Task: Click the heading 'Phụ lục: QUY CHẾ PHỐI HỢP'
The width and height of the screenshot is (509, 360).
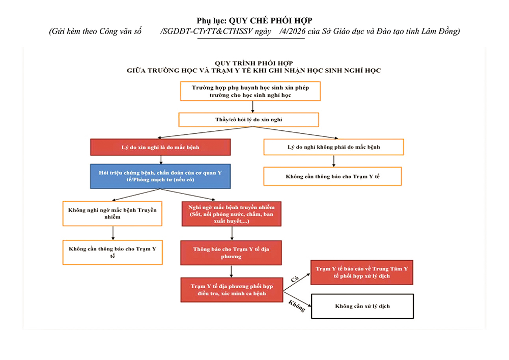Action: [x=254, y=20]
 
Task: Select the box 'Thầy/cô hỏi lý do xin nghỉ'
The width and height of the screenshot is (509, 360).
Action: [x=248, y=120]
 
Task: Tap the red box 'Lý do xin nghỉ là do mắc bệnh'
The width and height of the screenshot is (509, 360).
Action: [x=160, y=147]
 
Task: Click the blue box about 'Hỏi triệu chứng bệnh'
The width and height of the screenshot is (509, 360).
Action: [x=160, y=176]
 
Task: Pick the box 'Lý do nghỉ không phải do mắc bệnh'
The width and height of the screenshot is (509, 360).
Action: [x=333, y=147]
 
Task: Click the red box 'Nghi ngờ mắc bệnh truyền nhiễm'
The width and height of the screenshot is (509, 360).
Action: [x=232, y=214]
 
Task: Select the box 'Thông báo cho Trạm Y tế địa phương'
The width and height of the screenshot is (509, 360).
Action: [x=231, y=253]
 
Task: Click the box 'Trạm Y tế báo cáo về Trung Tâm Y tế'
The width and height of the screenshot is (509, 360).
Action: [x=361, y=272]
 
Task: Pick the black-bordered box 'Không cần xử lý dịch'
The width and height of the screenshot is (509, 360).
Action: [x=362, y=306]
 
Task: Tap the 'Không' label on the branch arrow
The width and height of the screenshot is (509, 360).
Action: [x=296, y=306]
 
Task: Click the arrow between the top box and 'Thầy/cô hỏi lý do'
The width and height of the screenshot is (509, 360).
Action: [x=253, y=107]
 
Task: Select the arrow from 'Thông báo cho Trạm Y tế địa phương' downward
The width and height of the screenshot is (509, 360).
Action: [x=231, y=271]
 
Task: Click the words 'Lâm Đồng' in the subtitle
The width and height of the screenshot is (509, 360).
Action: [x=441, y=32]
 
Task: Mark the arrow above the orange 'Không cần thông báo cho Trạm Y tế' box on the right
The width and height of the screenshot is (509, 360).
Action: [x=333, y=161]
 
